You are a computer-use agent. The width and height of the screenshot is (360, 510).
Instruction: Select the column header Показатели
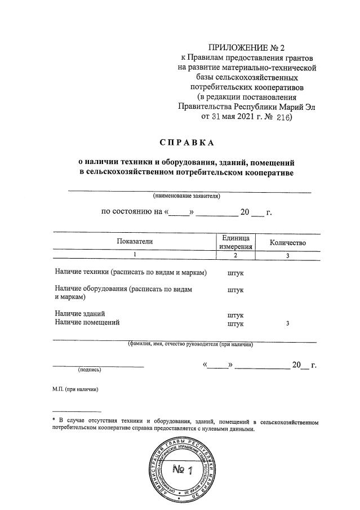pos(135,242)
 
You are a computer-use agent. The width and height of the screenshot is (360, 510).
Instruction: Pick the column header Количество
pos(287,242)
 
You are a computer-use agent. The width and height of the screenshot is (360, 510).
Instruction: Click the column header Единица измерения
pos(235,242)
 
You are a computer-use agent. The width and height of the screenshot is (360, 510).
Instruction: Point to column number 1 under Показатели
pos(135,255)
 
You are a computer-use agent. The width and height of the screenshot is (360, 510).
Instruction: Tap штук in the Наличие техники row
pos(235,273)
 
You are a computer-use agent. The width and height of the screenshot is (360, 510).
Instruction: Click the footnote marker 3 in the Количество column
pos(287,323)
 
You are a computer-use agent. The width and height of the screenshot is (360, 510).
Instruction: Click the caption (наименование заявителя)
pos(186,196)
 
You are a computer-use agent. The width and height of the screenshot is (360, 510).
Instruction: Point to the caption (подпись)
pos(90,370)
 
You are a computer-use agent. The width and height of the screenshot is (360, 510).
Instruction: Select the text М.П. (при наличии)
pos(72,389)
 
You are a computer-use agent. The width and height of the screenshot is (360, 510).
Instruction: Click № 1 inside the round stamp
pos(182,470)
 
